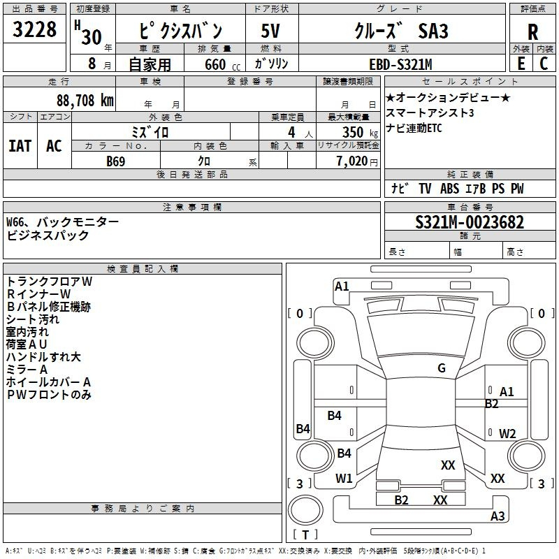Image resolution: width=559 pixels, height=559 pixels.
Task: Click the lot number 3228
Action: coord(35,31)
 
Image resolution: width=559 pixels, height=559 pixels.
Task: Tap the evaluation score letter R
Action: coord(532,32)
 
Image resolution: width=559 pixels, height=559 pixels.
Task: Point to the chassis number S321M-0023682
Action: coord(470,223)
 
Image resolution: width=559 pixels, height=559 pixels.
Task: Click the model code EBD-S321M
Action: coord(400,64)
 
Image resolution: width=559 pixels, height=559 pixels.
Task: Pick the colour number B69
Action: coord(116,161)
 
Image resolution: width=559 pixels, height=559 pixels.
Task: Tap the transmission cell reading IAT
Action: coord(20,146)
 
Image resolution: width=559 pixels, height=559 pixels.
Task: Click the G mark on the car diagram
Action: coord(442,368)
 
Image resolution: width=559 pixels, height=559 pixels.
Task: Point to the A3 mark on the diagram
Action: coord(498,516)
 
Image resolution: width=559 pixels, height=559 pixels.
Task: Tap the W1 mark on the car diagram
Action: coord(344,478)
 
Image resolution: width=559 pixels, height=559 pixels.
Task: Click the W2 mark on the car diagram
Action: coord(507,433)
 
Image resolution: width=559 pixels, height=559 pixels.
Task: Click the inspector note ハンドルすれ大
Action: coord(43,357)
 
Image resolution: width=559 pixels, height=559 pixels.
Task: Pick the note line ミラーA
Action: coord(27,370)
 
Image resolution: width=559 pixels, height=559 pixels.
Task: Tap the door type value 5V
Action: coord(270,32)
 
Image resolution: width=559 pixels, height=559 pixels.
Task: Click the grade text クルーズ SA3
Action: coord(400,32)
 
